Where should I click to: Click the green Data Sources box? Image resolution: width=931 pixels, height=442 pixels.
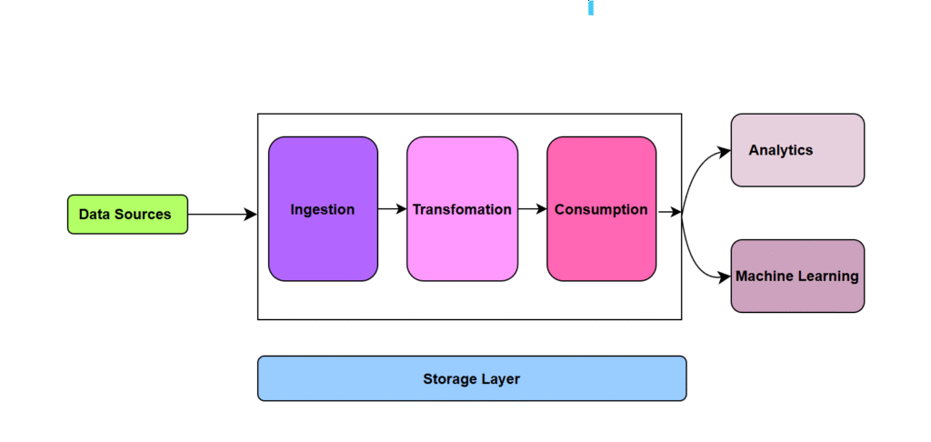click(x=127, y=215)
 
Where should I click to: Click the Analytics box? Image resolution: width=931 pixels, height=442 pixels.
click(x=797, y=150)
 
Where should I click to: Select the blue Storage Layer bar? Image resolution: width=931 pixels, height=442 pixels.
click(x=472, y=378)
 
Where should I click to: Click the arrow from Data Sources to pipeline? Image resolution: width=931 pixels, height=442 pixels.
click(x=222, y=215)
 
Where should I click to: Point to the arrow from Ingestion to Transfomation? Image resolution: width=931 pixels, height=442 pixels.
click(x=392, y=209)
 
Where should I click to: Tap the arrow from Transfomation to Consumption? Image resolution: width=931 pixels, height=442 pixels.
click(x=532, y=209)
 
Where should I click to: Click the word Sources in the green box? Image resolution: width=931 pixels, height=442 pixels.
click(x=149, y=215)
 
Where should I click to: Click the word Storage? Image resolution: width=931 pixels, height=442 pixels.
click(x=450, y=378)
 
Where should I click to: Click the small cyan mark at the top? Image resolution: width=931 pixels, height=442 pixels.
click(x=591, y=8)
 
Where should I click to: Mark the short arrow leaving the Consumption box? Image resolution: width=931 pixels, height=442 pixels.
click(x=669, y=212)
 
